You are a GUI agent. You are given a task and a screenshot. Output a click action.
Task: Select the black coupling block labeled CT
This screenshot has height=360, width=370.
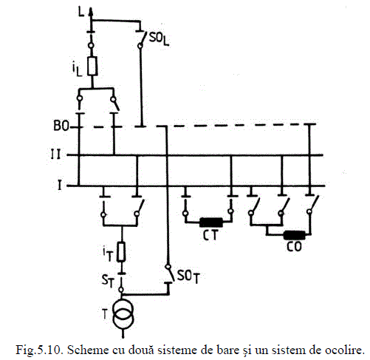(x=211, y=223)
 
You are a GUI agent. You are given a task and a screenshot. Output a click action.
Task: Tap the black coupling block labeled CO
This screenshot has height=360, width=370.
(x=295, y=235)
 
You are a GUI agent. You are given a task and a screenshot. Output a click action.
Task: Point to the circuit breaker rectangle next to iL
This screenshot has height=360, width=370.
(x=92, y=66)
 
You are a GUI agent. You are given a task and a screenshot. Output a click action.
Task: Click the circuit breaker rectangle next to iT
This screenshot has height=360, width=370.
(x=121, y=251)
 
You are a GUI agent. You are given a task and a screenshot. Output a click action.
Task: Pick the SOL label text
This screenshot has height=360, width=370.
(x=159, y=39)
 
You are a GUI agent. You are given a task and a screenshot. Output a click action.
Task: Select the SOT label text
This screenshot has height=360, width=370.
(x=188, y=276)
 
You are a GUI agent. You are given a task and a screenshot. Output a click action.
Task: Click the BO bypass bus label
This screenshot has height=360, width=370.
(x=61, y=126)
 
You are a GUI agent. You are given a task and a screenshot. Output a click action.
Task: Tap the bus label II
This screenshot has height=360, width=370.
(x=55, y=155)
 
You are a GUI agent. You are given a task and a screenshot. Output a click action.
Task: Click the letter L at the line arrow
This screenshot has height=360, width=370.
(x=81, y=12)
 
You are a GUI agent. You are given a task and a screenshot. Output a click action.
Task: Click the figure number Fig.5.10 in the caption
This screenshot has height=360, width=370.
(x=39, y=350)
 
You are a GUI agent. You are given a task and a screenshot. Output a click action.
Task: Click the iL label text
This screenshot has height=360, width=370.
(x=77, y=69)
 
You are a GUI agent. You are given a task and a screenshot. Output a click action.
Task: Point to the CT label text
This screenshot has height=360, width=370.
(x=210, y=235)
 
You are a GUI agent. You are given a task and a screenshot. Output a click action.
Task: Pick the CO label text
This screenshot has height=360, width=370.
(x=294, y=247)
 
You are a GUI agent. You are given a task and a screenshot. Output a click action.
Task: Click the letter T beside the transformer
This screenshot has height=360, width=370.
(x=105, y=314)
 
